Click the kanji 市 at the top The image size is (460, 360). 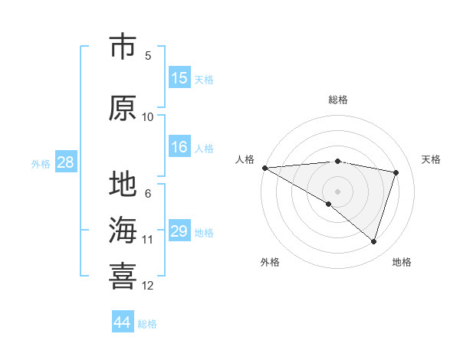[123, 47]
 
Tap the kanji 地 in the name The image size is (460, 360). [123, 185]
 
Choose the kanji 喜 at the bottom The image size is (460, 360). [123, 275]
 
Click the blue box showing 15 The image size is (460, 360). [179, 78]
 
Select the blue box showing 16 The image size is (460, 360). [179, 147]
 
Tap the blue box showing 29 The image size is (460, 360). [179, 231]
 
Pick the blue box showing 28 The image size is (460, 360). [65, 162]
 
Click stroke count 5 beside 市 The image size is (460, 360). [148, 56]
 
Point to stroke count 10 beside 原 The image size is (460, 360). [148, 117]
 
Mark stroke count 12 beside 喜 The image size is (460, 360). [148, 286]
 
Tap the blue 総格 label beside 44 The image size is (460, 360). [147, 324]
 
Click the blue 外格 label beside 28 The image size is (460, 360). [41, 163]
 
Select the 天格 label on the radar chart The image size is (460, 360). [432, 159]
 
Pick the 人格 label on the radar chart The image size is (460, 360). [245, 159]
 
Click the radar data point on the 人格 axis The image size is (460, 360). [264, 168]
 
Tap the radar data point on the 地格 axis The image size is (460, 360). [373, 242]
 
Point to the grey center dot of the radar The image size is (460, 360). [337, 191]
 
